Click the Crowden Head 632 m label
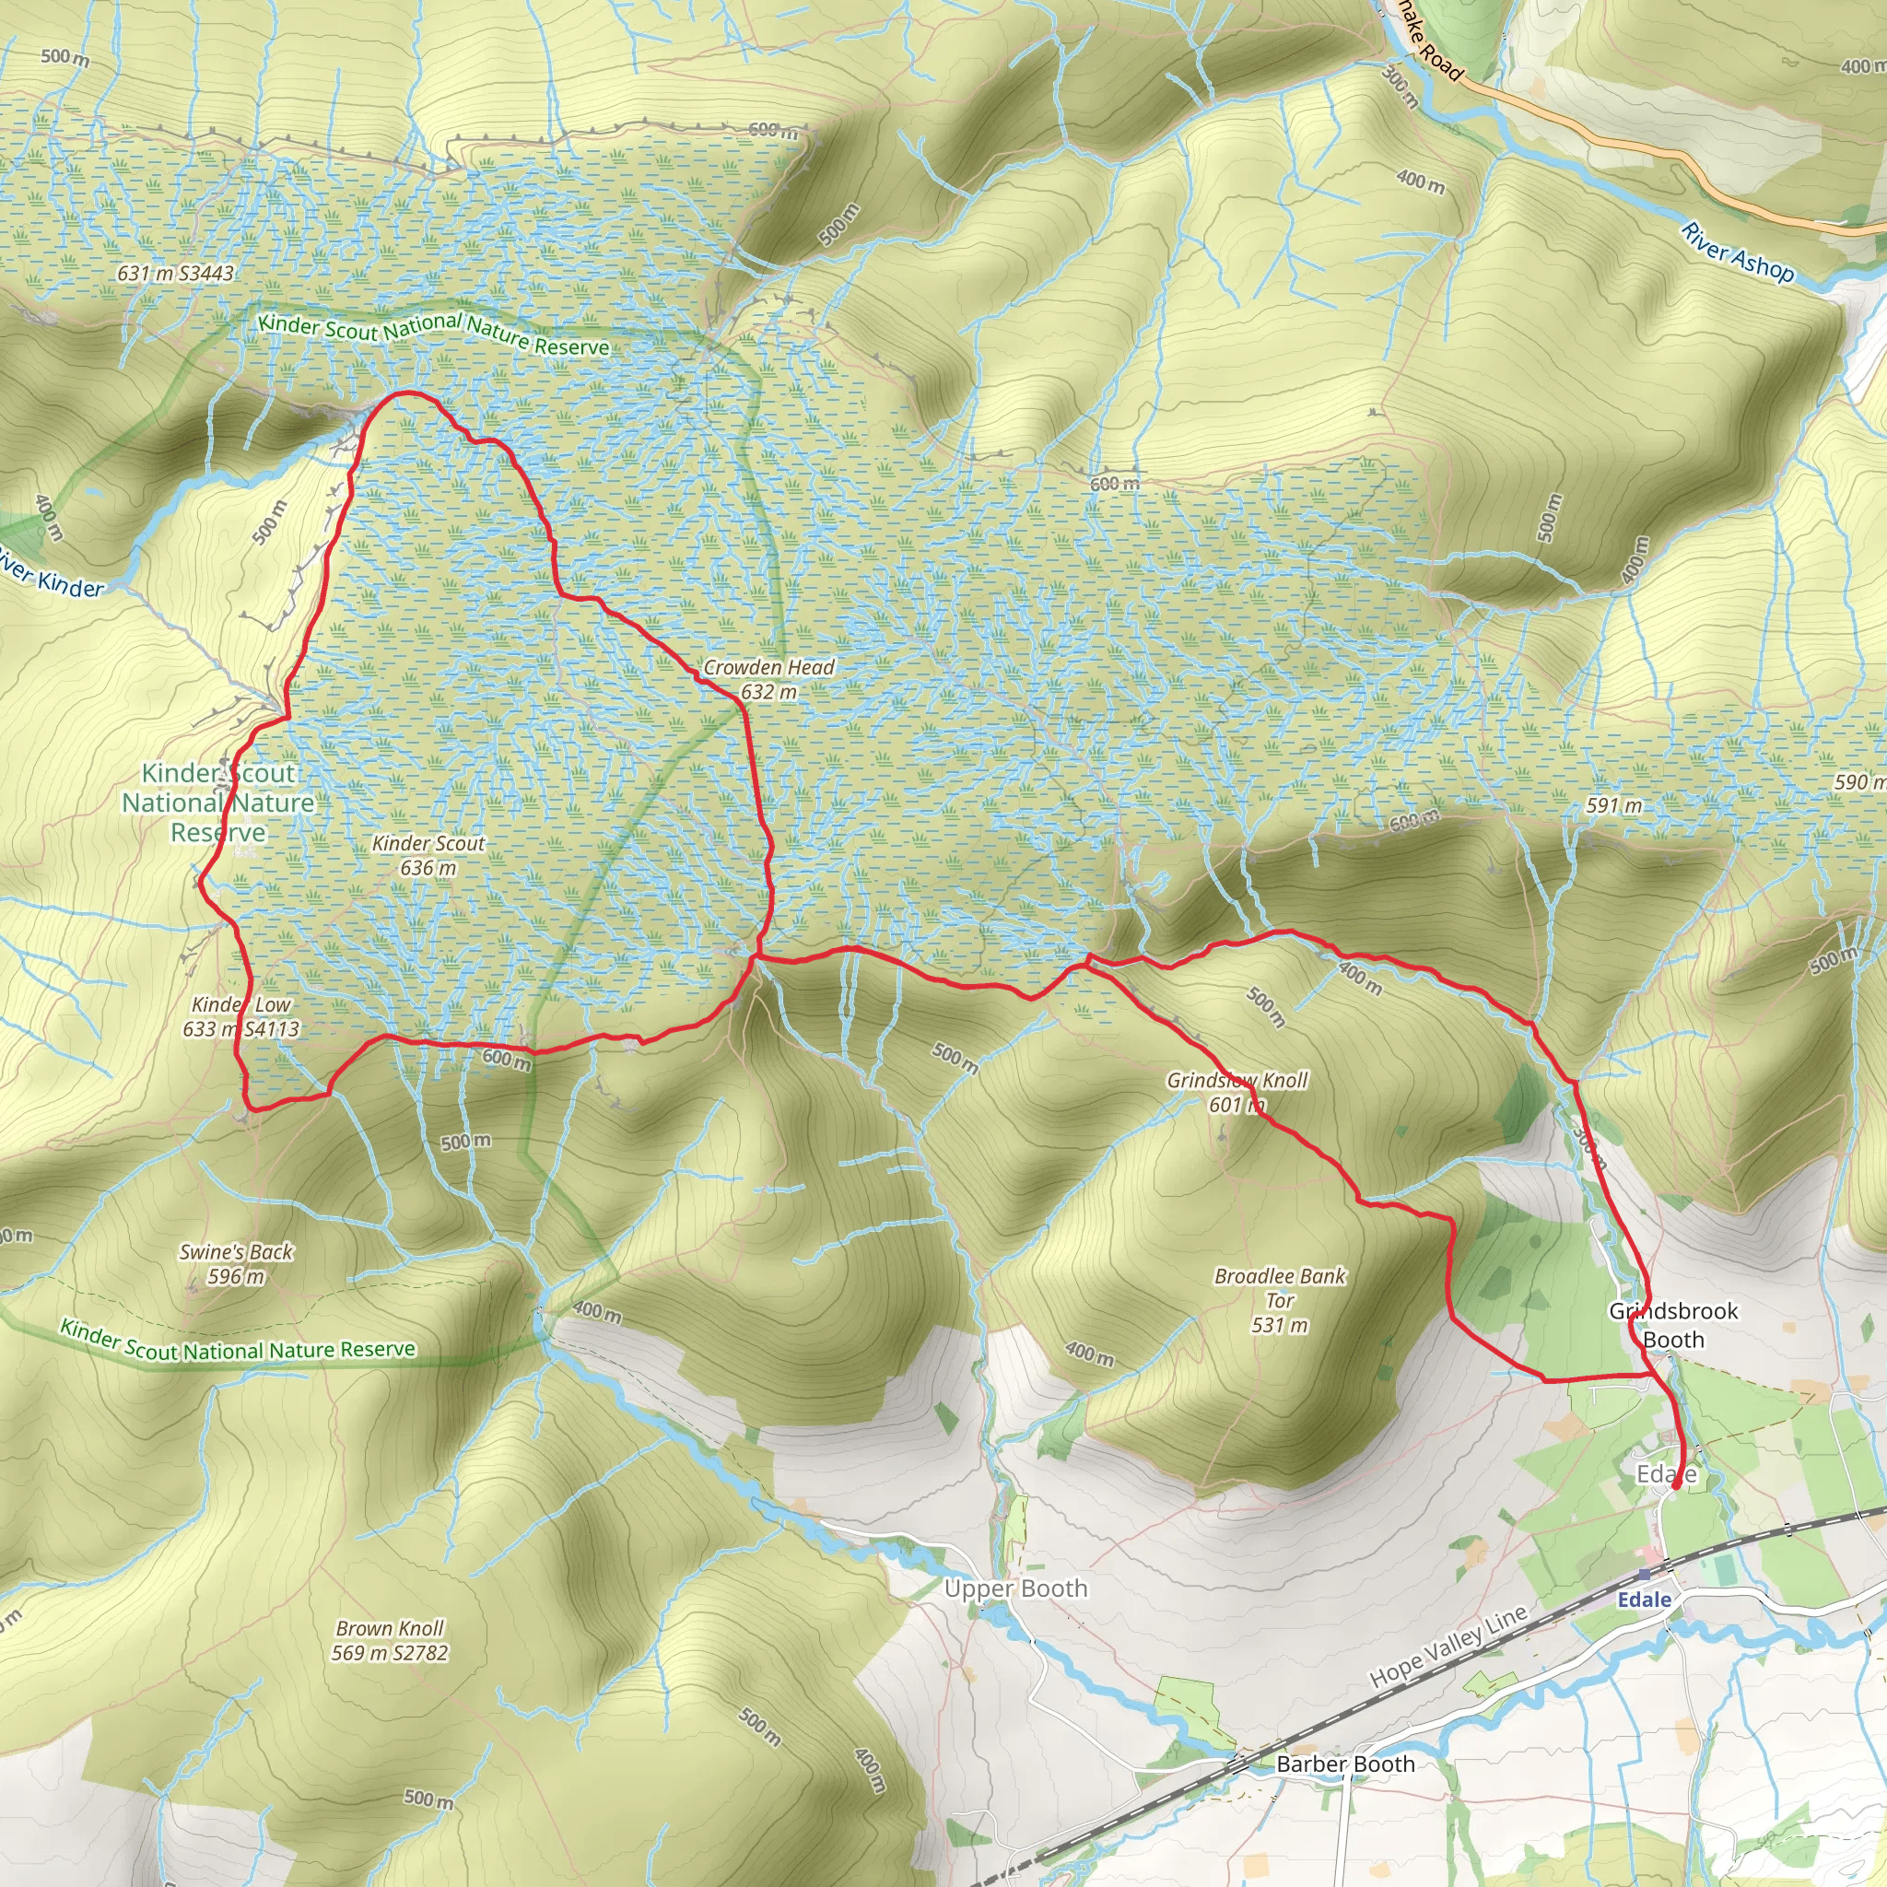pyautogui.click(x=768, y=679)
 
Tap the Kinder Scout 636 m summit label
pyautogui.click(x=428, y=855)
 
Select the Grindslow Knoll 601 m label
pyautogui.click(x=1237, y=1092)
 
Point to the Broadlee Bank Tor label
pyautogui.click(x=1280, y=1300)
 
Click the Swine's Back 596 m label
pyautogui.click(x=237, y=1264)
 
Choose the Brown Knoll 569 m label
pyautogui.click(x=390, y=1640)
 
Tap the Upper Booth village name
pyautogui.click(x=1015, y=1588)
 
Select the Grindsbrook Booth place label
pyautogui.click(x=1673, y=1324)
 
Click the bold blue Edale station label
pyautogui.click(x=1645, y=1599)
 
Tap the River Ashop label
pyautogui.click(x=1738, y=252)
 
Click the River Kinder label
pyautogui.click(x=49, y=574)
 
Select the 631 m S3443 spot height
pyautogui.click(x=176, y=274)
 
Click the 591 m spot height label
pyautogui.click(x=1613, y=806)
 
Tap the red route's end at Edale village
pyautogui.click(x=1676, y=1486)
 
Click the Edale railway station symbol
pyautogui.click(x=1645, y=1575)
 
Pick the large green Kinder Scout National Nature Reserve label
pyautogui.click(x=217, y=802)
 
